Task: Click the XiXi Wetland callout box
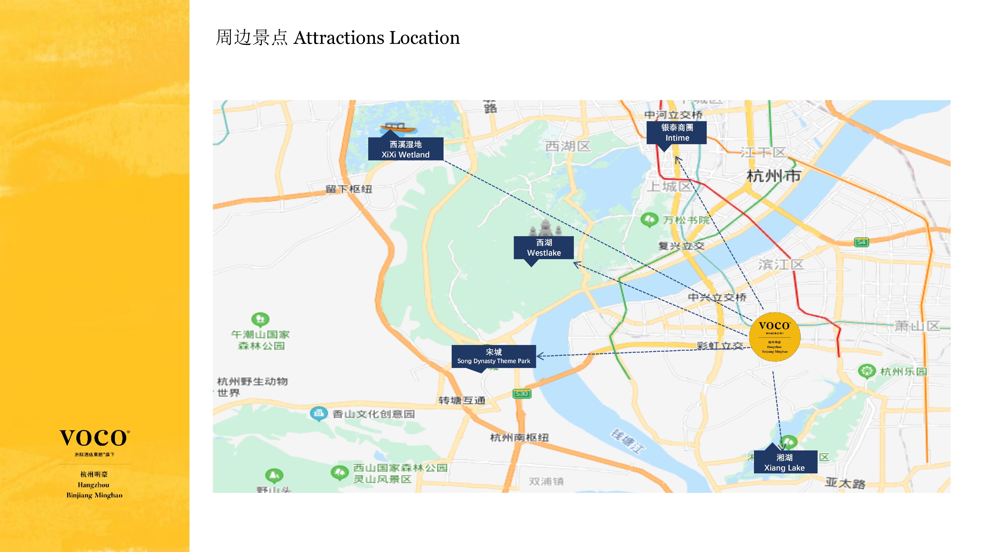point(405,149)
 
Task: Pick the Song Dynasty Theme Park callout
point(494,356)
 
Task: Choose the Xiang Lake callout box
point(785,462)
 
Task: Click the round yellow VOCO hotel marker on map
point(774,337)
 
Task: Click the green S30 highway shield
point(522,394)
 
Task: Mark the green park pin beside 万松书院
point(649,220)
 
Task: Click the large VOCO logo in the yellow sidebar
point(94,438)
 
